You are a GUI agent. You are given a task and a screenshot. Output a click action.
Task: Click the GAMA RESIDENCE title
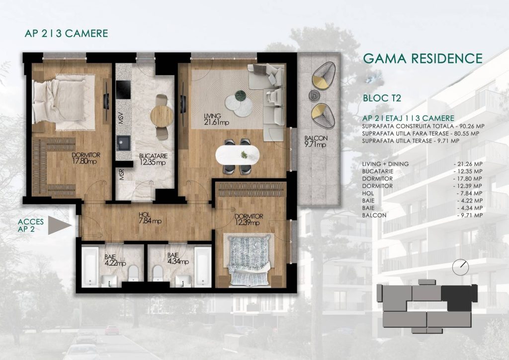(x=423, y=59)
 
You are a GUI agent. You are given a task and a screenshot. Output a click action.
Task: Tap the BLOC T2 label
(x=382, y=98)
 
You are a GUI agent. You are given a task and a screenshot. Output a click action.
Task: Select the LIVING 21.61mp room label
(x=216, y=119)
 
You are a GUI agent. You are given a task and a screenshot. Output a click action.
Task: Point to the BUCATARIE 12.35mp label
(x=153, y=159)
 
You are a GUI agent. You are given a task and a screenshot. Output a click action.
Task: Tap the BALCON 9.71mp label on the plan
(x=316, y=141)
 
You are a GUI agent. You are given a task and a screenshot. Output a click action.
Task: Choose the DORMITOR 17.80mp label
(x=85, y=158)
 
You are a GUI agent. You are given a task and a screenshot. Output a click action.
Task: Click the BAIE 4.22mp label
(x=115, y=260)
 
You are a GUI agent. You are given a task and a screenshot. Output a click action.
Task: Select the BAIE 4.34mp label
(x=178, y=259)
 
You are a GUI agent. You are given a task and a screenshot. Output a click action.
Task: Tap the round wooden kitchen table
(x=162, y=116)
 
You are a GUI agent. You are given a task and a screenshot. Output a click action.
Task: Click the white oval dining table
(x=237, y=155)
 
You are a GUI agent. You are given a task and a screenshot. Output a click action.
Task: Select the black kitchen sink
(x=124, y=143)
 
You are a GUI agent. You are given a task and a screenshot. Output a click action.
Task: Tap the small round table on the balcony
(x=314, y=95)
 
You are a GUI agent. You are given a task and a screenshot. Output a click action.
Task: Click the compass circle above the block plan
(x=460, y=267)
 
